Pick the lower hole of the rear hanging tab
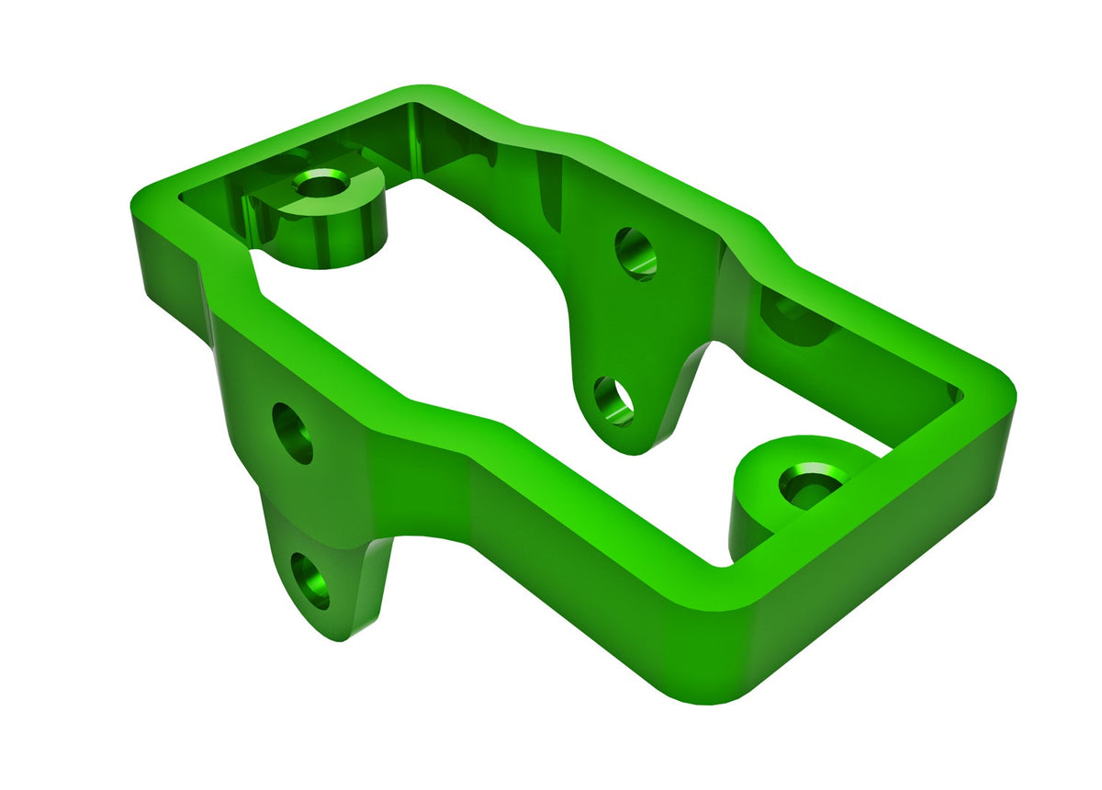pyautogui.click(x=613, y=400)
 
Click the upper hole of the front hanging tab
pyautogui.click(x=293, y=433)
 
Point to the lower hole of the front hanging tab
pyautogui.click(x=310, y=580)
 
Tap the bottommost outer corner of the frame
pyautogui.click(x=716, y=689)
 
